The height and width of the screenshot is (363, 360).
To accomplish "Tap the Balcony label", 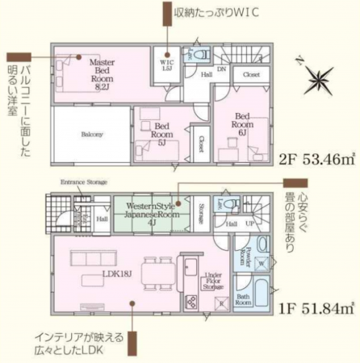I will tap(91, 134).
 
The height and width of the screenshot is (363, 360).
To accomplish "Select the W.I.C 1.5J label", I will tap(167, 65).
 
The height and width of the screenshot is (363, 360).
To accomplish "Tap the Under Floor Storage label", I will tap(213, 280).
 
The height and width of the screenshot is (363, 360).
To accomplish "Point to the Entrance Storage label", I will tap(84, 182).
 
